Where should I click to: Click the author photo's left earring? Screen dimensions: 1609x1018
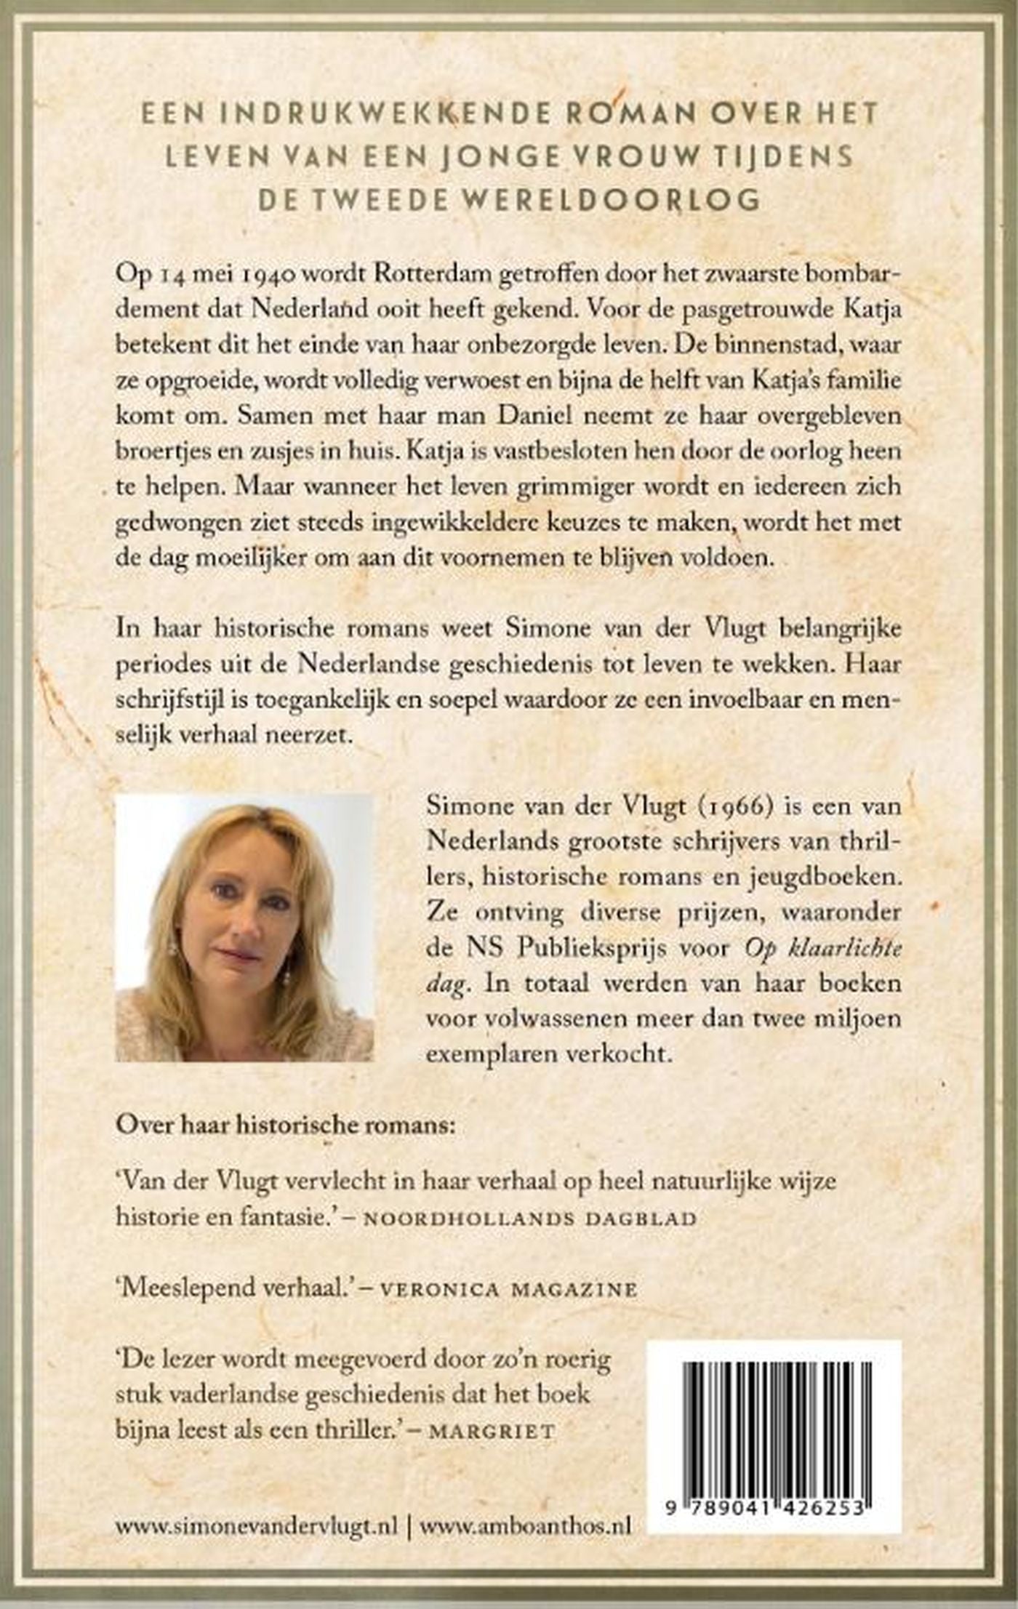coord(173,950)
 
